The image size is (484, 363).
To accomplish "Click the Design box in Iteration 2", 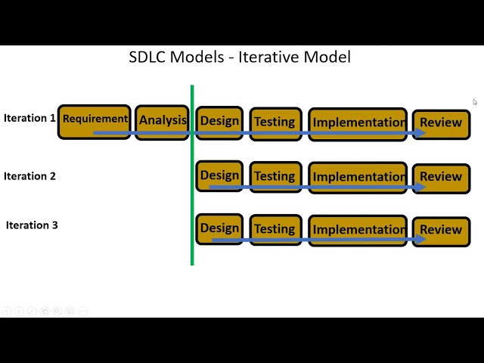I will [x=219, y=176].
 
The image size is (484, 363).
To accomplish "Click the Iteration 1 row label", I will [x=29, y=118].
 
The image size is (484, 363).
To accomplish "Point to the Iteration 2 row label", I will [x=29, y=176].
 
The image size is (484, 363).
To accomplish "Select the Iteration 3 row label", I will [x=32, y=225].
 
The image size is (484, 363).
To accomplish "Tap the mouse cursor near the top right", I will [x=475, y=102].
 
